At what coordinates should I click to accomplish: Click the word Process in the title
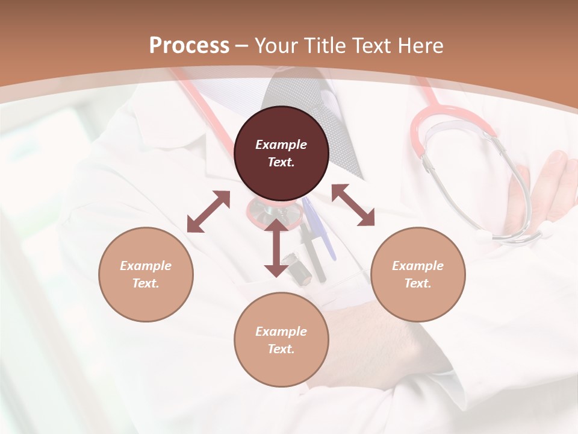tap(189, 46)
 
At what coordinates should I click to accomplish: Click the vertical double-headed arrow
tap(276, 248)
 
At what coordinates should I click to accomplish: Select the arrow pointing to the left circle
tap(208, 212)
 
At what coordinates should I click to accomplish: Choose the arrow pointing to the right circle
tap(353, 206)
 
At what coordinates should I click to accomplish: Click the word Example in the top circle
tap(281, 145)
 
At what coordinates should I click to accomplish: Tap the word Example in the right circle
tap(418, 266)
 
